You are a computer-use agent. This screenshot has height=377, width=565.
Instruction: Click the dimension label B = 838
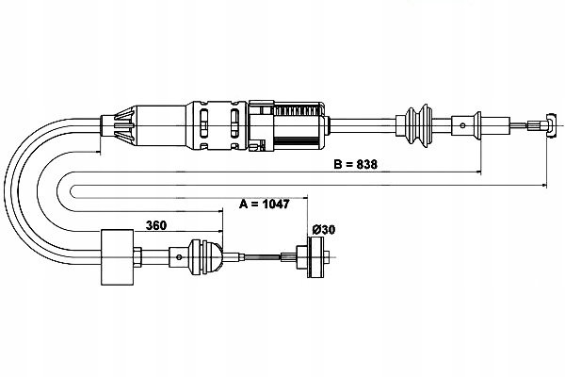tap(355, 164)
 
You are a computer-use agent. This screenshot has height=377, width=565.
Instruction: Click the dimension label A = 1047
tap(264, 204)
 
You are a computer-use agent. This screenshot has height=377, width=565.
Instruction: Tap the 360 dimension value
tap(156, 225)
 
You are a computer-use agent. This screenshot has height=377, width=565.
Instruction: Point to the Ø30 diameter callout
tap(324, 229)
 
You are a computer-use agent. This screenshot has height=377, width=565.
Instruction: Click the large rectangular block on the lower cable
tap(118, 257)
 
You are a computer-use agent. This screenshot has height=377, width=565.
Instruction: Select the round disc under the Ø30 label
tap(315, 257)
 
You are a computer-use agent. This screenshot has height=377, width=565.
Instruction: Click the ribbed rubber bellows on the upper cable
tap(419, 125)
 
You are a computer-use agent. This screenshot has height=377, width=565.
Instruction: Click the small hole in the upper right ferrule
tap(462, 125)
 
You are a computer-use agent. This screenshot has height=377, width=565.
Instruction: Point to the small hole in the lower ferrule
tap(179, 257)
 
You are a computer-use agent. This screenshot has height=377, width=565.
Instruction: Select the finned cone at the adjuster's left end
tap(124, 125)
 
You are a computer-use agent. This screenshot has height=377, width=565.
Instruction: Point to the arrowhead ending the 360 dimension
tap(219, 231)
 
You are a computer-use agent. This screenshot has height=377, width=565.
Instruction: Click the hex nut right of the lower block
tap(137, 257)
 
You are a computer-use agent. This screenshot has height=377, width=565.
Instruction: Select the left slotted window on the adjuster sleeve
tap(203, 123)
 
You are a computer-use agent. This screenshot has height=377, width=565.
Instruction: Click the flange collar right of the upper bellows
tap(477, 125)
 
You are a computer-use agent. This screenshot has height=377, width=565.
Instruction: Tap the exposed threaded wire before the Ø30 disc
tap(263, 257)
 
